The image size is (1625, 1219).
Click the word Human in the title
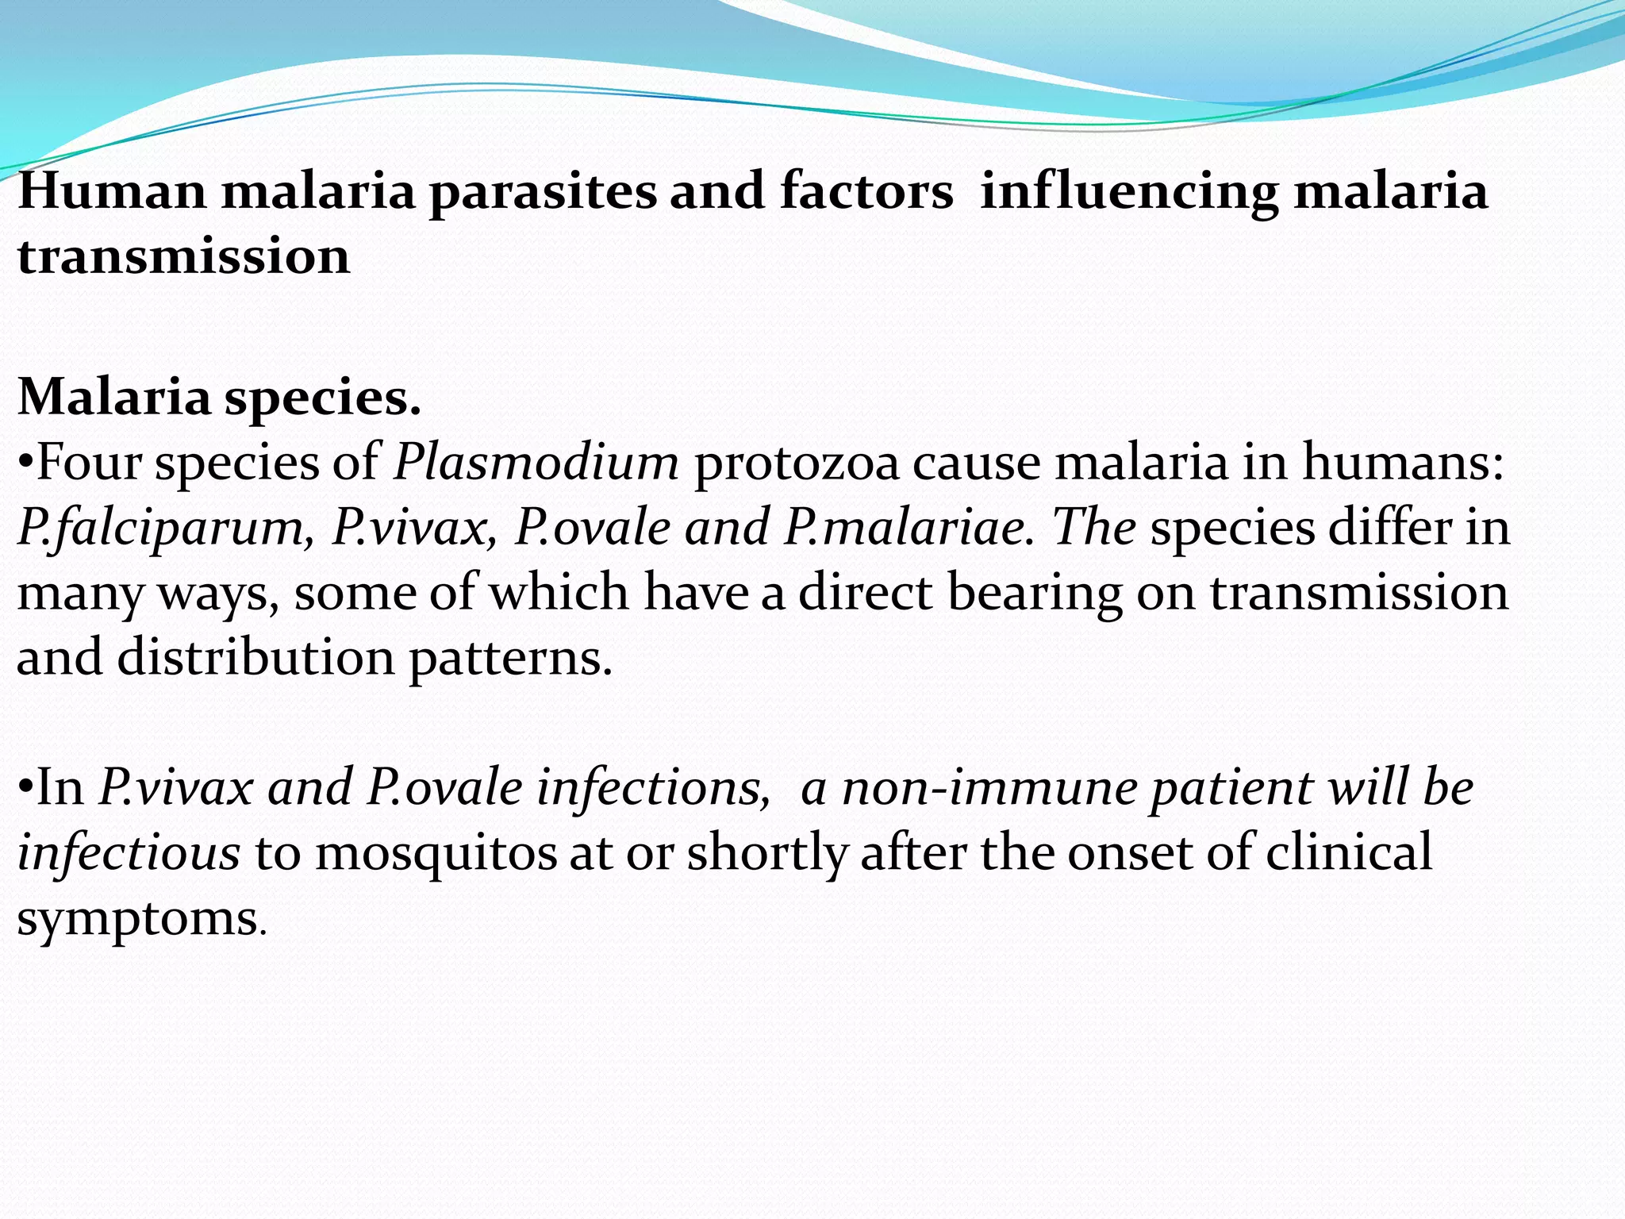(x=112, y=191)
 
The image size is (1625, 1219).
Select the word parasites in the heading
(x=543, y=193)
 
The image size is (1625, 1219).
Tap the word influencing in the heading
(x=1129, y=193)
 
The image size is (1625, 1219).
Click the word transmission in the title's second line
(x=183, y=257)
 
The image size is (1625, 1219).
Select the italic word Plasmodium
(x=536, y=462)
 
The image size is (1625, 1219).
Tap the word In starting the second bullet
(x=60, y=788)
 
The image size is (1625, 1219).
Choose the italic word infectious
(x=129, y=853)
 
